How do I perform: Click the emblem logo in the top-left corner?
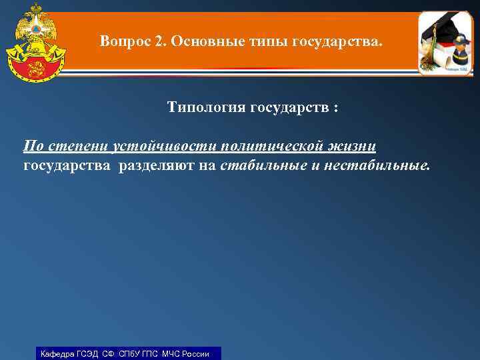35,41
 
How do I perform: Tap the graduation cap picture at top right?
446,43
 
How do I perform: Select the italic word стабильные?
263,165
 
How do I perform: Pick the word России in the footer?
198,353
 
